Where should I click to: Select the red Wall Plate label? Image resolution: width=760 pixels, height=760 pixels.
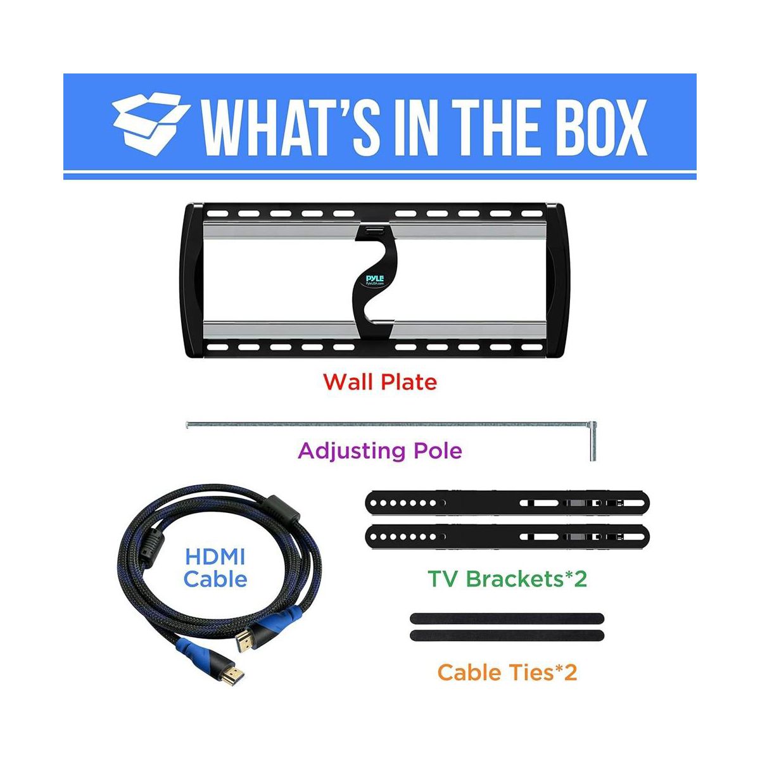pos(380,383)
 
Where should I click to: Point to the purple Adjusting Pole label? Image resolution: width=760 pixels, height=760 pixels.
pos(380,451)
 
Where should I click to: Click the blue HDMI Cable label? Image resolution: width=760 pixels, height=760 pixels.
pos(215,568)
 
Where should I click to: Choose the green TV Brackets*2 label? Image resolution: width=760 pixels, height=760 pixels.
pos(507,578)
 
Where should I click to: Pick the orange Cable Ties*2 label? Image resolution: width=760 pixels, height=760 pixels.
pos(507,672)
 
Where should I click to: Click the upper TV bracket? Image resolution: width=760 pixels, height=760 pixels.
pos(507,503)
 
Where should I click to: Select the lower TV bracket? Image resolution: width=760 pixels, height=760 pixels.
pos(507,537)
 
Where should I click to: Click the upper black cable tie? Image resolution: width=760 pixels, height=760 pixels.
pos(507,618)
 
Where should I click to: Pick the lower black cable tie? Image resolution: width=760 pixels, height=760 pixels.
pos(507,635)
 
